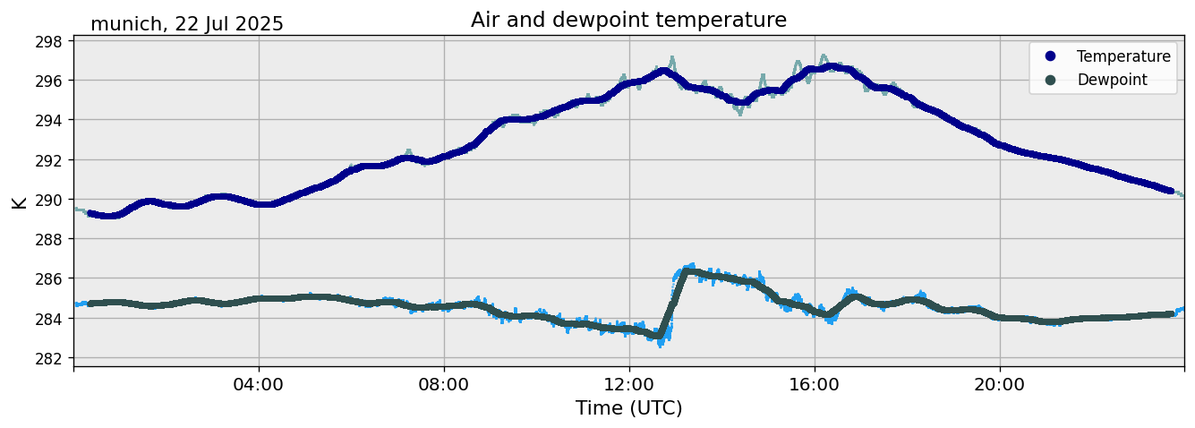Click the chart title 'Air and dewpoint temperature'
click(x=628, y=20)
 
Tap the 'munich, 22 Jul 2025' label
click(x=187, y=24)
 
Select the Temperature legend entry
click(x=1123, y=56)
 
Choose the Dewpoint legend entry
click(x=1112, y=80)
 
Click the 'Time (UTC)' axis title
click(x=628, y=408)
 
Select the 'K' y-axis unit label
click(x=19, y=201)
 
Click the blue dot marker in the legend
click(x=1050, y=56)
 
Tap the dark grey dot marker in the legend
click(x=1050, y=80)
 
